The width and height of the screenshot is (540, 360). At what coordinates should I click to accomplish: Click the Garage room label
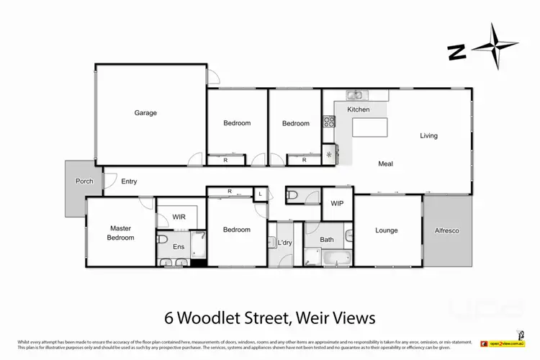145,113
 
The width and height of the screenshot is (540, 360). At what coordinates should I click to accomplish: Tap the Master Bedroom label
120,233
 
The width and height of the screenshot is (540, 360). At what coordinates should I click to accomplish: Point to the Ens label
179,247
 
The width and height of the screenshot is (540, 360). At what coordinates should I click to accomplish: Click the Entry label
129,181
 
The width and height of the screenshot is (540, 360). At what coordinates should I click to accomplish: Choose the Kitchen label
359,109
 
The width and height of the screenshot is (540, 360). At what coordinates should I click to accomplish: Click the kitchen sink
356,94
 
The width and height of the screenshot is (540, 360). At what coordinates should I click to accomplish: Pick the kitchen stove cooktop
328,122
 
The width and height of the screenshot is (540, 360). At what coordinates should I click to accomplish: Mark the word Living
429,135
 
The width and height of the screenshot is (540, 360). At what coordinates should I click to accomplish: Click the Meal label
386,164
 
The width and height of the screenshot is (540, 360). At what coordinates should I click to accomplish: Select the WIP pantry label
337,203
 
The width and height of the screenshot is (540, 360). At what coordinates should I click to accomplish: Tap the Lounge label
387,230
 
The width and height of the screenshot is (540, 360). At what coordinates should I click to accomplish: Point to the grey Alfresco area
447,230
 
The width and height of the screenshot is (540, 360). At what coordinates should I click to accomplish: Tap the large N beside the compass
456,52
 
